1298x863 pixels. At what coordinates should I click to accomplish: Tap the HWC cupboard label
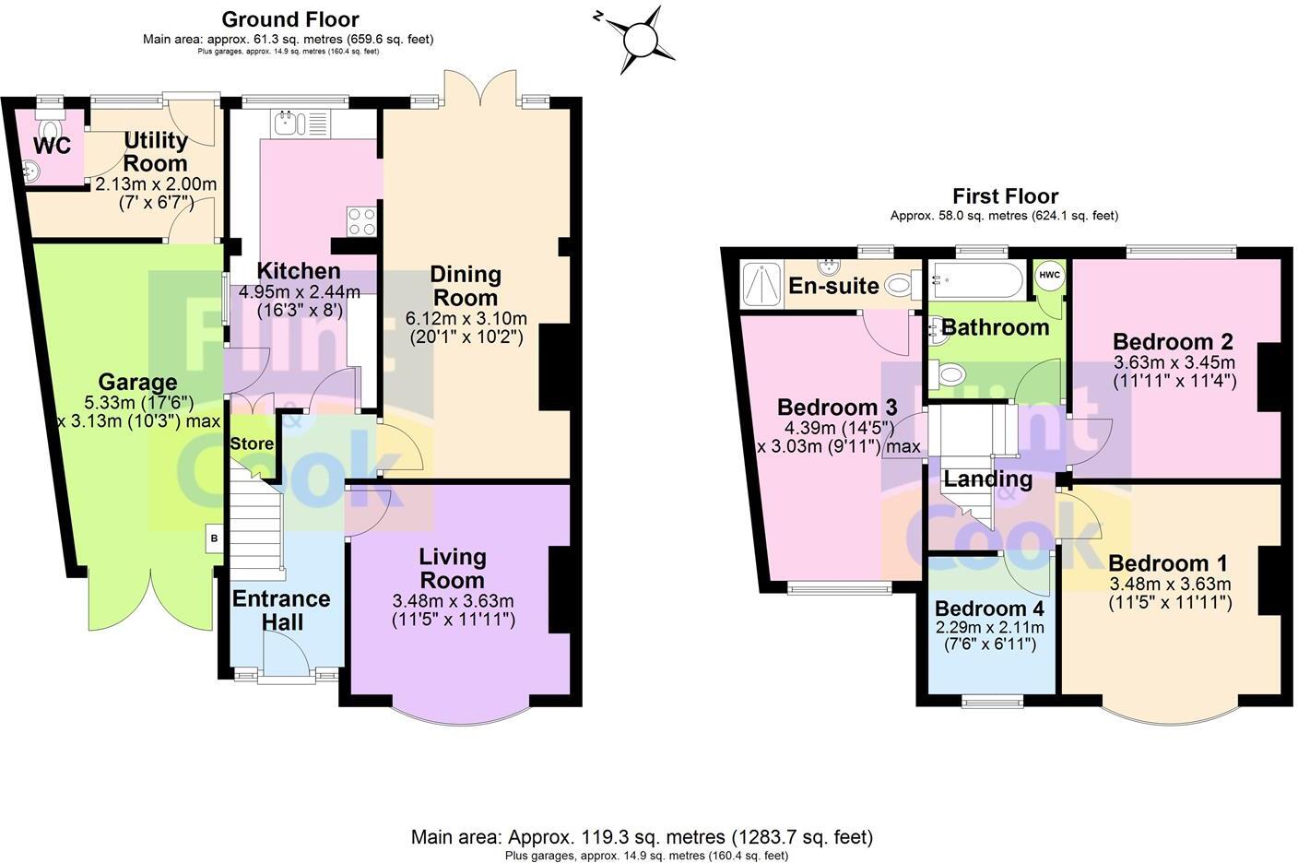click(1049, 276)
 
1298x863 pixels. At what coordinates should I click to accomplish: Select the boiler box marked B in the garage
click(214, 538)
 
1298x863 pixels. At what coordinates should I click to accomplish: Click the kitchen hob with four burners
click(360, 221)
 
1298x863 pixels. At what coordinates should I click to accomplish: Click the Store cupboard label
click(252, 443)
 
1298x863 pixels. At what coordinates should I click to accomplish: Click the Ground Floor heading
click(290, 18)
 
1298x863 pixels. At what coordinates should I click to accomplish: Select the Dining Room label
click(466, 285)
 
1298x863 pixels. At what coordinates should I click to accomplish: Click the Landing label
click(987, 479)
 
